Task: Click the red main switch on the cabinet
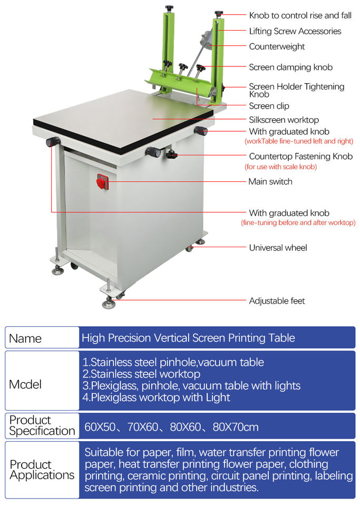(102, 182)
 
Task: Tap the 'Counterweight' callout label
(277, 46)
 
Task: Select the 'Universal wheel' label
(278, 247)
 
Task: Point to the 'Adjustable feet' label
(277, 301)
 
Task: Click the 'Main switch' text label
(270, 181)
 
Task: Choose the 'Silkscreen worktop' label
(284, 120)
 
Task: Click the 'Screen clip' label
(269, 106)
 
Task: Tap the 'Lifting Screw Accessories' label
(295, 31)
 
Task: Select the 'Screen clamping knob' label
(290, 67)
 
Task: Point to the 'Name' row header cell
(25, 338)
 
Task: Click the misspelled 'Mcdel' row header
(25, 384)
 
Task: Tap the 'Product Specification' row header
(42, 425)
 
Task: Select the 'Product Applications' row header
(42, 470)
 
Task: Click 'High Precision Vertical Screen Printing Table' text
(188, 337)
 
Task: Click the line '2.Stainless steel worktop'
(141, 374)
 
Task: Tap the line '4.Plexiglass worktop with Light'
(156, 397)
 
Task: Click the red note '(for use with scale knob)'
(280, 167)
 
